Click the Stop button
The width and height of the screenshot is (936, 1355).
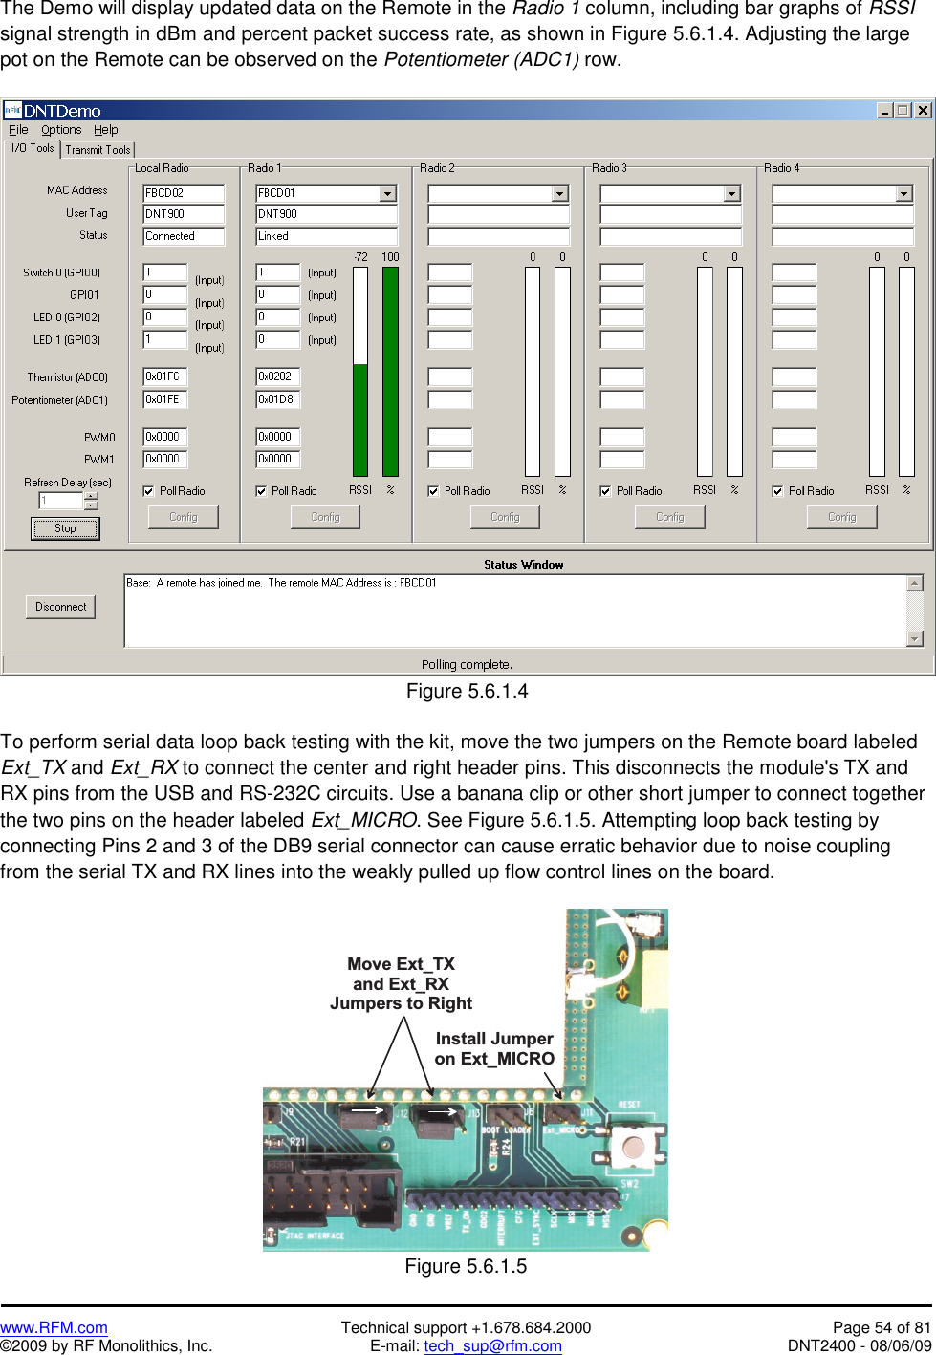click(x=65, y=528)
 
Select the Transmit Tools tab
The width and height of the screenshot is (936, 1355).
click(x=98, y=150)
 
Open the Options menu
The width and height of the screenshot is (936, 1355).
click(x=61, y=130)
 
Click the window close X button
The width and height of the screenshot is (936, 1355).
click(x=923, y=110)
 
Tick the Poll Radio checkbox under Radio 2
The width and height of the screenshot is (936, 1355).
click(x=433, y=491)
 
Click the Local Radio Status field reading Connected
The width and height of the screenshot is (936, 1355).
click(x=184, y=236)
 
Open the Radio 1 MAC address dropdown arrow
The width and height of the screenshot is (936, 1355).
click(x=387, y=194)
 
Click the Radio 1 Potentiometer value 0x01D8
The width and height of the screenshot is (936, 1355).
click(x=277, y=399)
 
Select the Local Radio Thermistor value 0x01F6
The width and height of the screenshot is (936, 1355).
click(x=164, y=376)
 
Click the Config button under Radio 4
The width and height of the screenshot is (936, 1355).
click(x=841, y=517)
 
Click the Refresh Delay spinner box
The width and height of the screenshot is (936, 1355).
click(x=62, y=501)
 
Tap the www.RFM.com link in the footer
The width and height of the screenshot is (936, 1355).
click(x=54, y=1327)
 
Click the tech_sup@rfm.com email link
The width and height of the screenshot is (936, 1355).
click(x=492, y=1345)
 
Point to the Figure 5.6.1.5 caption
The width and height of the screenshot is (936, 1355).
click(x=466, y=1266)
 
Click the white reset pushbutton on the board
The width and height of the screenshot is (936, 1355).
click(x=632, y=1146)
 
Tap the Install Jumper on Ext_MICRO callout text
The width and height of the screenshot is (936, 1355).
click(x=494, y=1048)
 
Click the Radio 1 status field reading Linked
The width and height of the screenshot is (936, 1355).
click(x=326, y=236)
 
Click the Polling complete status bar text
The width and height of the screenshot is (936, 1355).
click(x=467, y=664)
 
